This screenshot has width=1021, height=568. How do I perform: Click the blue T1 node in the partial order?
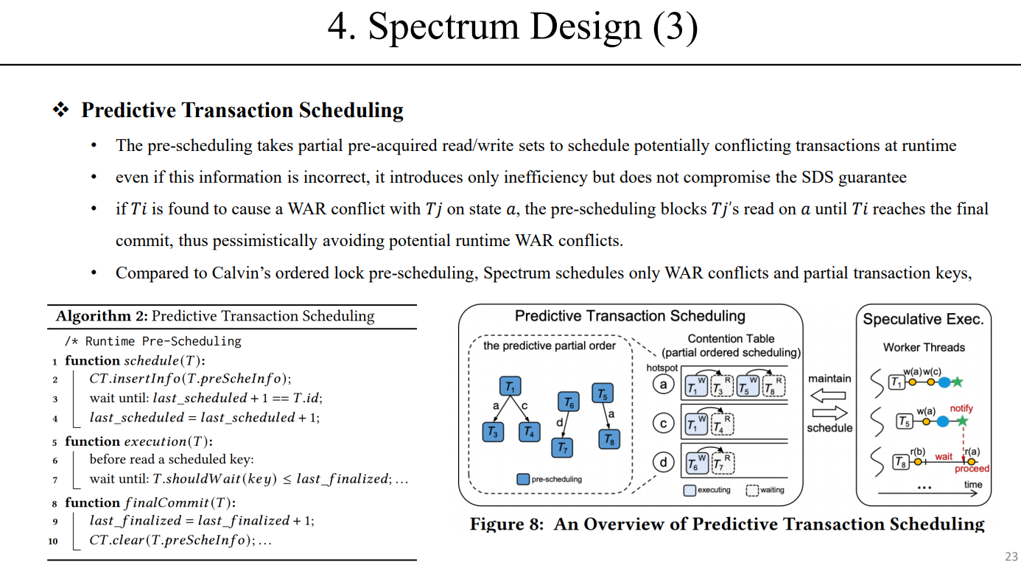click(510, 387)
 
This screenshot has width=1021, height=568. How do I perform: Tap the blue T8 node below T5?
click(609, 439)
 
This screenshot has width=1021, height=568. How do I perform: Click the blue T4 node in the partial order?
click(528, 432)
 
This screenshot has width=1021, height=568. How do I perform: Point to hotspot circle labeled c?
click(664, 423)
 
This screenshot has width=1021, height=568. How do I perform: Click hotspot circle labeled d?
click(664, 462)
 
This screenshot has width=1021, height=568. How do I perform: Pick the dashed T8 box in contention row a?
click(773, 386)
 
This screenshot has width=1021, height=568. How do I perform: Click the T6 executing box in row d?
click(694, 463)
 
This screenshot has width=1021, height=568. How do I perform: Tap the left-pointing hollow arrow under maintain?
click(829, 396)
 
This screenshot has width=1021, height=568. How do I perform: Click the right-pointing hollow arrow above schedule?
click(829, 413)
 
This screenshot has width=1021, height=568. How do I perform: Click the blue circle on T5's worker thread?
click(944, 421)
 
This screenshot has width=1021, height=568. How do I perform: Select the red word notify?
click(961, 408)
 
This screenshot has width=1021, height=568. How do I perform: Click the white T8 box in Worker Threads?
click(899, 462)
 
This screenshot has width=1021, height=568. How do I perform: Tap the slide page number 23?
click(1011, 556)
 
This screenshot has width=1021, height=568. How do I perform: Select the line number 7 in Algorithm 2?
click(55, 479)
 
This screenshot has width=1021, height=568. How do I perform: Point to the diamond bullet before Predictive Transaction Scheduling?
click(60, 111)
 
